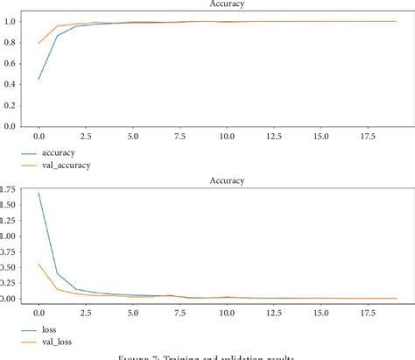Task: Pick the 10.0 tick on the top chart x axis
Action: click(x=227, y=136)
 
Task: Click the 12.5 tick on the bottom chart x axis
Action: click(x=274, y=308)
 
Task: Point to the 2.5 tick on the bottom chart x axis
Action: click(x=85, y=308)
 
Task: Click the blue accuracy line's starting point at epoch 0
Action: click(x=39, y=79)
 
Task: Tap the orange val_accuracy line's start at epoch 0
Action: click(x=39, y=43)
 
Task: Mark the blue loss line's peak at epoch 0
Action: click(x=39, y=194)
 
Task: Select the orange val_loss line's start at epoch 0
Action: click(x=39, y=264)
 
